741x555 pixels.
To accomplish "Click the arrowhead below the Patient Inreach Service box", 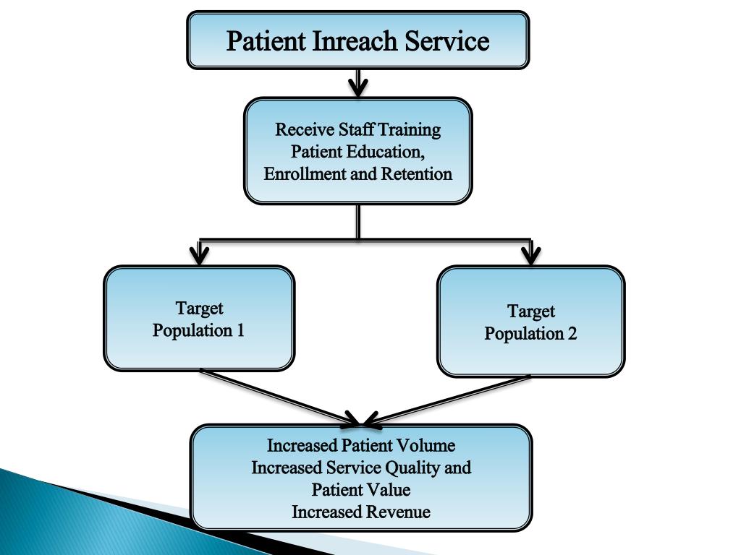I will pyautogui.click(x=358, y=87).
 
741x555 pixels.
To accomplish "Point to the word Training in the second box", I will pyautogui.click(x=410, y=130).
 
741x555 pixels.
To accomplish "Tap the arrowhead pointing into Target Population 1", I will pyautogui.click(x=200, y=255).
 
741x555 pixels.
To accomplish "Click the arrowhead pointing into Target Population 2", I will pyautogui.click(x=531, y=254).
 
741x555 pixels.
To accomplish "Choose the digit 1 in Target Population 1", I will pyautogui.click(x=240, y=331).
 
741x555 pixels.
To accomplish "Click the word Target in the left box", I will pyautogui.click(x=199, y=309).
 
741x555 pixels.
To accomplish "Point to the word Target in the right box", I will pyautogui.click(x=530, y=311).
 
